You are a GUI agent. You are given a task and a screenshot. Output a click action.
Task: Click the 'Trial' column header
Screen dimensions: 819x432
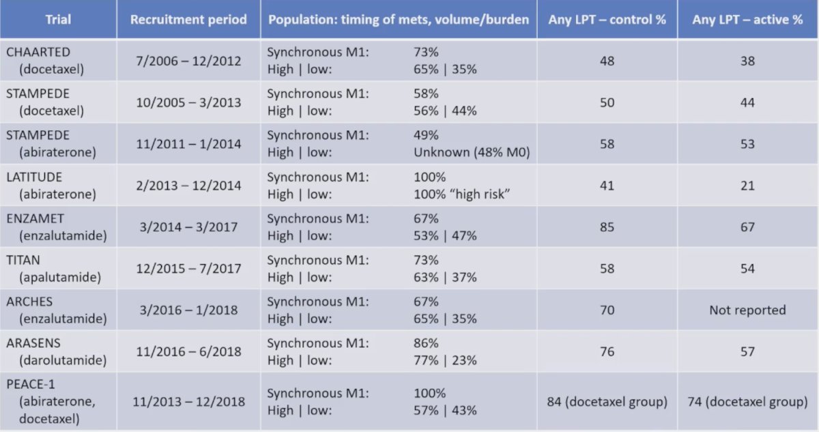(x=58, y=19)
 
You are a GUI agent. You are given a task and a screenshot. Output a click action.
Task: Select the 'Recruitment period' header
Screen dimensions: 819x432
(x=188, y=19)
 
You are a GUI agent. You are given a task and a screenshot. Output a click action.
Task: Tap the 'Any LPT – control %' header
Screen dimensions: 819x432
(x=607, y=19)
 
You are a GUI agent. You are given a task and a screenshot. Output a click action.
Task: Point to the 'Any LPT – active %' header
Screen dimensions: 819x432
(x=747, y=19)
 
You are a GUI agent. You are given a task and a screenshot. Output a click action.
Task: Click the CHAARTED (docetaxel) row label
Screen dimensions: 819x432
(x=45, y=60)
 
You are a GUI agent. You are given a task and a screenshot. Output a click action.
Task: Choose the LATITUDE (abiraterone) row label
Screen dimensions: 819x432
(x=51, y=186)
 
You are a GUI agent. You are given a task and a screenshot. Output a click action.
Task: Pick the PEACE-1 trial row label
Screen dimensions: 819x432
(x=51, y=401)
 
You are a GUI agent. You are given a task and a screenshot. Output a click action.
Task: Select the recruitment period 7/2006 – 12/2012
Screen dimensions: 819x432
(x=188, y=61)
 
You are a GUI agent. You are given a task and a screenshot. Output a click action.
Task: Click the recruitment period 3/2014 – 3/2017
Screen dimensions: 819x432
(x=188, y=227)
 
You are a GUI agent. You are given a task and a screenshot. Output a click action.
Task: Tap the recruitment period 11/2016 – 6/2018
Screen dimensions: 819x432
(x=188, y=351)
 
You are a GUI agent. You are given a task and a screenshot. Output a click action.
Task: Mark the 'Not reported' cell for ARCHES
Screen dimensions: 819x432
(x=747, y=310)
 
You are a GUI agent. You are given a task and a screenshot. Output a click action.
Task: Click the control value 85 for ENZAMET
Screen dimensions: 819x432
(x=607, y=227)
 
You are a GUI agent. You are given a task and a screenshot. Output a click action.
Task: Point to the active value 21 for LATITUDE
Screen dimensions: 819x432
(x=747, y=186)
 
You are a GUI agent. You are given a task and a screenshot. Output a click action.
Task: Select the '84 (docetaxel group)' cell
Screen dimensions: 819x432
(x=607, y=402)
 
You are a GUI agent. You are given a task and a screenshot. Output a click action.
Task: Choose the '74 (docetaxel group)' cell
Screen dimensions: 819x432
(x=747, y=402)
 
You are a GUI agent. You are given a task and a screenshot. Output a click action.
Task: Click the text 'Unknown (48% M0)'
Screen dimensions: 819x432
(x=472, y=152)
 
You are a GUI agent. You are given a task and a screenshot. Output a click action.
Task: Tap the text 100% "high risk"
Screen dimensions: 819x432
(x=461, y=194)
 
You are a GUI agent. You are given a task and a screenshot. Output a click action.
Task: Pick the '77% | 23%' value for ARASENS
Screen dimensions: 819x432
(x=445, y=360)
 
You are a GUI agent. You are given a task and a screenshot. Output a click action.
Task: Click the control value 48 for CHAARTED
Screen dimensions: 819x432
(x=607, y=61)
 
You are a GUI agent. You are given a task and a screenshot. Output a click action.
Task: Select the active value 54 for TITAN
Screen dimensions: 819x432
(x=747, y=269)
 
